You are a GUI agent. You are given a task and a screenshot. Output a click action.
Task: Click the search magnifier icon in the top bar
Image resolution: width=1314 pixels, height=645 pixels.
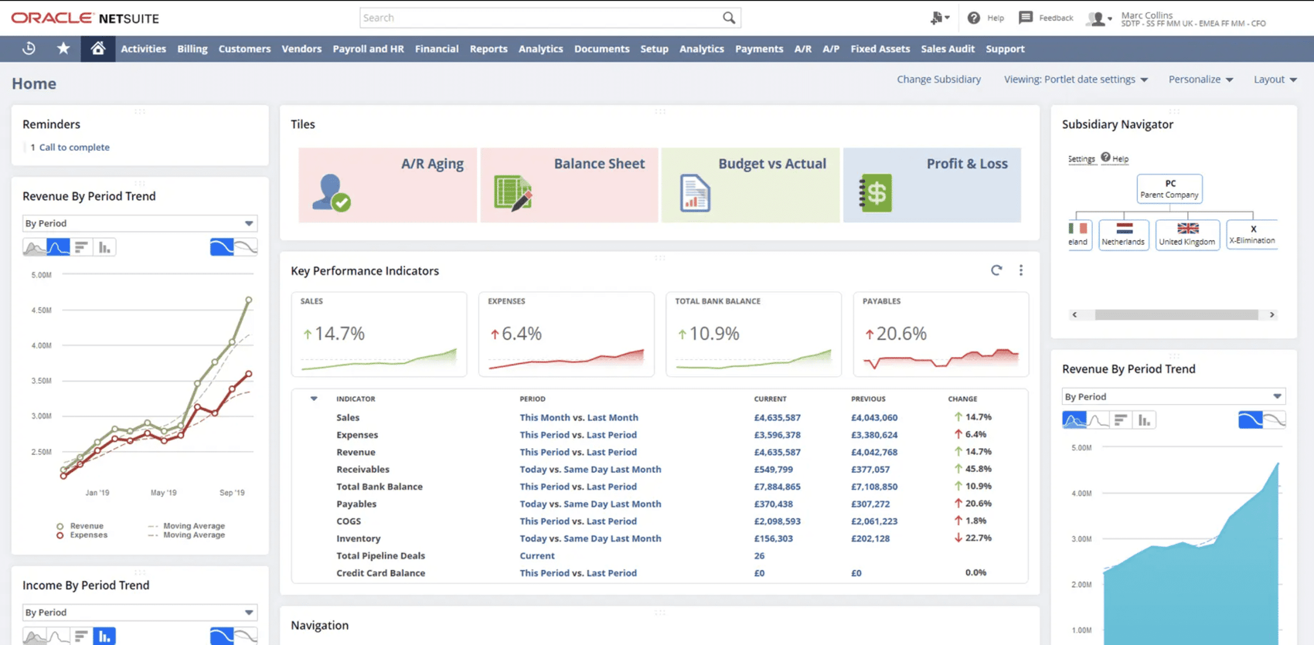tap(729, 18)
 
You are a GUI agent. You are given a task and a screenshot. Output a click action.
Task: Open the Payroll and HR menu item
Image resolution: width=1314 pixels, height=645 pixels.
tap(368, 49)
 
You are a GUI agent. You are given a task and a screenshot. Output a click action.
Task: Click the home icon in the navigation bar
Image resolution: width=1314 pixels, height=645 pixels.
tap(97, 49)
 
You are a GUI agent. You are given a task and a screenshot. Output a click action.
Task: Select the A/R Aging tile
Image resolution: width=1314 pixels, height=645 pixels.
tap(387, 185)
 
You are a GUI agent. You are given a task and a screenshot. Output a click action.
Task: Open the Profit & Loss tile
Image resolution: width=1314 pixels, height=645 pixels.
tap(931, 185)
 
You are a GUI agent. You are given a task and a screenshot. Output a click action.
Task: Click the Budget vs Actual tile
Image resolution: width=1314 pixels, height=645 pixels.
tap(750, 185)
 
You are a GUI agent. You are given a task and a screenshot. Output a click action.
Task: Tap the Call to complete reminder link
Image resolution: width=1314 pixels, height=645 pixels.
tap(74, 148)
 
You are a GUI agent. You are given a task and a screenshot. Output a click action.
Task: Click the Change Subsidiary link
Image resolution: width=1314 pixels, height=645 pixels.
tap(938, 80)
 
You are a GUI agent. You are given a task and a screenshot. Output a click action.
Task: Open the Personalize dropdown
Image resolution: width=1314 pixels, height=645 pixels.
tap(1200, 80)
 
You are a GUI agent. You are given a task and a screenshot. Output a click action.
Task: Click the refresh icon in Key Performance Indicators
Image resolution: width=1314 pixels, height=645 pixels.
tap(996, 270)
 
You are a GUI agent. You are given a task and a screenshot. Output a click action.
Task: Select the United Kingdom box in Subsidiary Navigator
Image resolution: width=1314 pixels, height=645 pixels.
tap(1187, 234)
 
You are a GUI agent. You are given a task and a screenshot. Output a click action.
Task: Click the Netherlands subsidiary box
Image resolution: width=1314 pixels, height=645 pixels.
tap(1123, 234)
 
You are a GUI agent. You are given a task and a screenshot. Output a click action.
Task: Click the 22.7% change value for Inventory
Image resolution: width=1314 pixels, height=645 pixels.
tap(978, 538)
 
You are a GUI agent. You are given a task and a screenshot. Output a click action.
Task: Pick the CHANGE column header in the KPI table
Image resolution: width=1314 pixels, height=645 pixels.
tap(962, 399)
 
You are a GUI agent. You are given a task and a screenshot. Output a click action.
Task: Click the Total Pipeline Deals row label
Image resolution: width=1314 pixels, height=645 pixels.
tap(380, 556)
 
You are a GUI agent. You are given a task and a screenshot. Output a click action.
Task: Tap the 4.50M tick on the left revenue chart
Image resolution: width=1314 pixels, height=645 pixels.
tap(41, 311)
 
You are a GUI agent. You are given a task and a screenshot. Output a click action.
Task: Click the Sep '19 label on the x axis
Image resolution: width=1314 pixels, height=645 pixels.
tap(232, 493)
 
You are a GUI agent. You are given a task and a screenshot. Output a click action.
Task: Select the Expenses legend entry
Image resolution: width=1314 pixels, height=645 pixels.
tap(88, 535)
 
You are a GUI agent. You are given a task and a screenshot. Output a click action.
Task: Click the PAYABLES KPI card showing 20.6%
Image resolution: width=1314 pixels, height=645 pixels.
tap(941, 334)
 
